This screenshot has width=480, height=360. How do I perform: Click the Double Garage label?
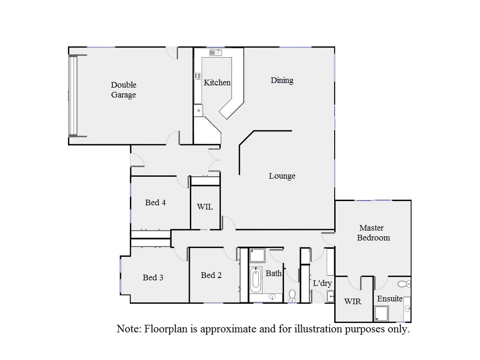pyautogui.click(x=124, y=90)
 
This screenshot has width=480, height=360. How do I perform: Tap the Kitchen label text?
pyautogui.click(x=217, y=82)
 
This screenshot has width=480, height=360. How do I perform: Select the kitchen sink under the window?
pyautogui.click(x=215, y=52)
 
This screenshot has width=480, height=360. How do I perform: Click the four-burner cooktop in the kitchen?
pyautogui.click(x=197, y=76)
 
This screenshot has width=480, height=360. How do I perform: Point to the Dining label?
pyautogui.click(x=282, y=80)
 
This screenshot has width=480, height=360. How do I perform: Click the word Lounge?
pyautogui.click(x=282, y=176)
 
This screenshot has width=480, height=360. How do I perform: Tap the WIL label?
pyautogui.click(x=205, y=207)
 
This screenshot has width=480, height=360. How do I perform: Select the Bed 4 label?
pyautogui.click(x=155, y=202)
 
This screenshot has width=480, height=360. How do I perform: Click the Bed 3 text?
pyautogui.click(x=153, y=277)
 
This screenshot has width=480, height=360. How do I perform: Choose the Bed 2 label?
pyautogui.click(x=211, y=275)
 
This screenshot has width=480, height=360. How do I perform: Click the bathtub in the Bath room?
pyautogui.click(x=256, y=280)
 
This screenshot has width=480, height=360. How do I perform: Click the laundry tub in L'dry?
pyautogui.click(x=330, y=296)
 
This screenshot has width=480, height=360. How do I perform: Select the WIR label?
pyautogui.click(x=352, y=301)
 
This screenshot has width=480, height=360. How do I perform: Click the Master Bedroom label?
pyautogui.click(x=373, y=233)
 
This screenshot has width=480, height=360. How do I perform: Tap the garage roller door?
pyautogui.click(x=73, y=96)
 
